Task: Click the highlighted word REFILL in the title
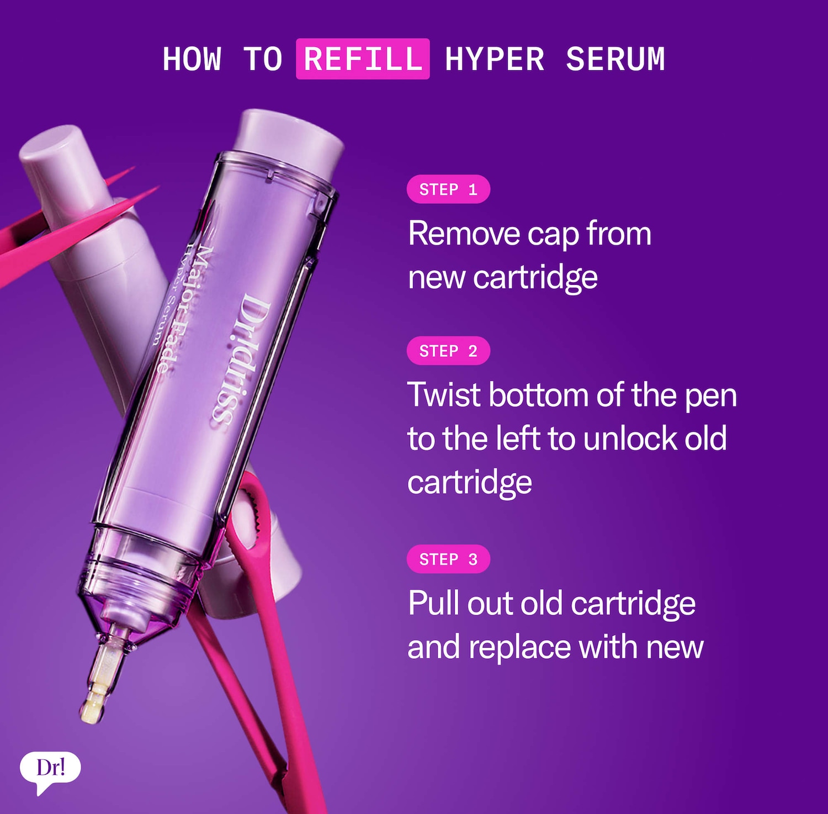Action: click(x=363, y=59)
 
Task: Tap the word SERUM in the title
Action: click(x=615, y=59)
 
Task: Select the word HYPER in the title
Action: click(x=495, y=59)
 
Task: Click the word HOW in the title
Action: click(x=192, y=59)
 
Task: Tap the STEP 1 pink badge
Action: click(x=448, y=189)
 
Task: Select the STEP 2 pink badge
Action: click(x=448, y=351)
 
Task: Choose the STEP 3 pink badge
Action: click(x=448, y=559)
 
